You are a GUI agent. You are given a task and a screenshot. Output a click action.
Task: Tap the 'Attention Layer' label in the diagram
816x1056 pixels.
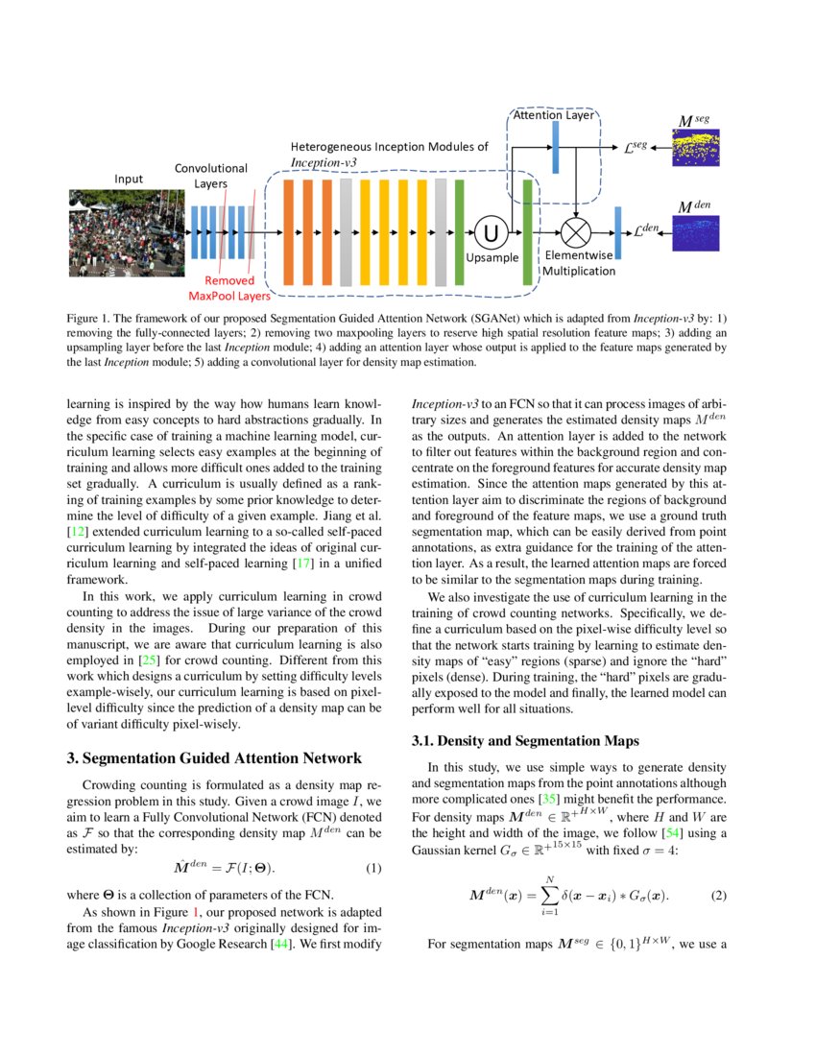(x=555, y=115)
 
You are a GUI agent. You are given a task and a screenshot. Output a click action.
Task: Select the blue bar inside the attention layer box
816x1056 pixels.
(x=556, y=149)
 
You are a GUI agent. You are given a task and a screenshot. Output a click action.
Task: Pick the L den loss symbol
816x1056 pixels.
(x=648, y=230)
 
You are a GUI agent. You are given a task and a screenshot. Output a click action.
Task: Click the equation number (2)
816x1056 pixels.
(x=719, y=896)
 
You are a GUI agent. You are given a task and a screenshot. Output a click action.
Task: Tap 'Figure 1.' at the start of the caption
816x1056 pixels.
(x=90, y=317)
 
